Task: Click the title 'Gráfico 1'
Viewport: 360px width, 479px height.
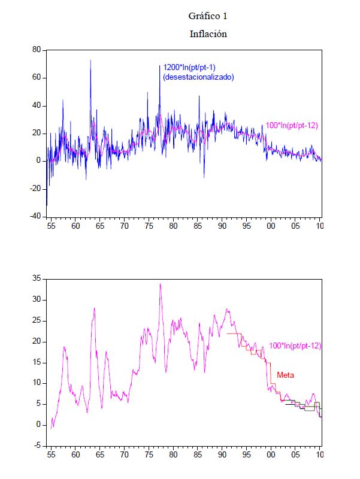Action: (208, 16)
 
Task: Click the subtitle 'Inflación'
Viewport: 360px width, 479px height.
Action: (208, 34)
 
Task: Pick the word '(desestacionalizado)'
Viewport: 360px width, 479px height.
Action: (198, 77)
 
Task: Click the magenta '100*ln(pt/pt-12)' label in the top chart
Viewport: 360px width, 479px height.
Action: (291, 125)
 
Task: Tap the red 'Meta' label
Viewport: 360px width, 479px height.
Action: (285, 375)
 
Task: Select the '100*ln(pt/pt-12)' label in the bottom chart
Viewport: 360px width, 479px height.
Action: (295, 345)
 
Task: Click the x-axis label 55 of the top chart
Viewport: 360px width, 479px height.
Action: (51, 226)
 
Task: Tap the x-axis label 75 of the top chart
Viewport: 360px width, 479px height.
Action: (149, 226)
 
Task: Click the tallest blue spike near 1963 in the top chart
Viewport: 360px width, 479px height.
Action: (90, 60)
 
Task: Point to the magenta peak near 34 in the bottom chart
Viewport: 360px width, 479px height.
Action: (160, 284)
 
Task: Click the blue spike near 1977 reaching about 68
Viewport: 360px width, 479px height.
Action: (160, 66)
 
